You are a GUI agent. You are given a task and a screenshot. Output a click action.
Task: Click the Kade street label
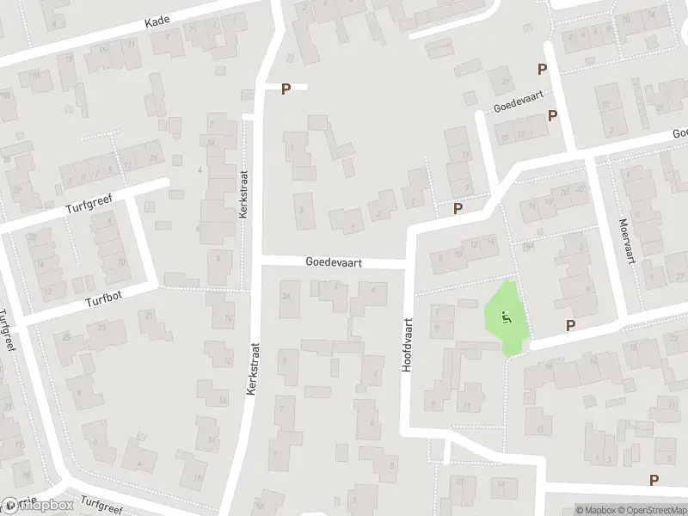coord(158,20)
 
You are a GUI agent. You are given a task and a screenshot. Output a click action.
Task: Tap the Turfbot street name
coord(104,303)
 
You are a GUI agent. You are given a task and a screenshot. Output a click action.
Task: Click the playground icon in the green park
coord(506,316)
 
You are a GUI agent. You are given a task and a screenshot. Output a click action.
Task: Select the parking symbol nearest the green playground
coord(569,324)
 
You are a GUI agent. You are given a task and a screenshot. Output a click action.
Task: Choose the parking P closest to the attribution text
coord(654,480)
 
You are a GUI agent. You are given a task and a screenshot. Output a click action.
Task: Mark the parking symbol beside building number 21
coord(542,70)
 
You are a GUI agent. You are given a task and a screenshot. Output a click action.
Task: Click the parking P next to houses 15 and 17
coord(553,115)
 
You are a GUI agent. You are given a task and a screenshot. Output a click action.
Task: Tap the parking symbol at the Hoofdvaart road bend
coord(458,208)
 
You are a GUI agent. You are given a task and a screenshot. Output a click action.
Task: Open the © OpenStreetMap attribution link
coord(647,509)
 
